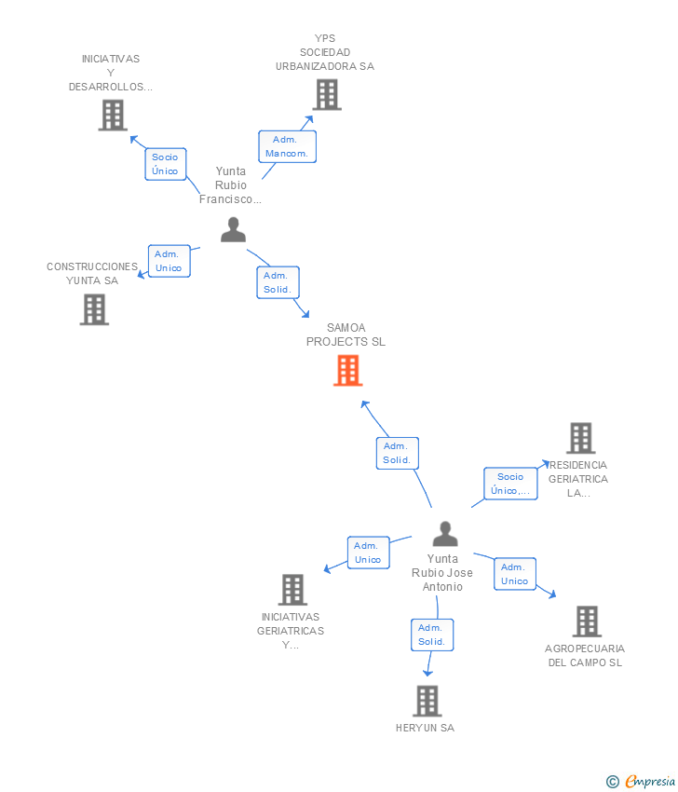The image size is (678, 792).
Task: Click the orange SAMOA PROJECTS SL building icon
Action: click(347, 370)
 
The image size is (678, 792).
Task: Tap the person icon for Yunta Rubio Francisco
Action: click(233, 230)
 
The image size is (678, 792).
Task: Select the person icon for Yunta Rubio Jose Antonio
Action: click(445, 534)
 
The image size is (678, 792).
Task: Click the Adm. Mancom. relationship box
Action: click(287, 146)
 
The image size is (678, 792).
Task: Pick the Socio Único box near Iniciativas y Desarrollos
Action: click(166, 164)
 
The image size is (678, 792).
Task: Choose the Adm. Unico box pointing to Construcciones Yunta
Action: click(169, 261)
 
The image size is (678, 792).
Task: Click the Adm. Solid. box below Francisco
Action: click(278, 282)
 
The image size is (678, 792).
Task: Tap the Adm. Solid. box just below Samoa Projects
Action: click(398, 453)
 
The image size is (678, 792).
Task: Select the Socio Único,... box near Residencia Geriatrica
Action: click(510, 484)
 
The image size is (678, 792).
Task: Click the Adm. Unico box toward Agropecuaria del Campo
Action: click(514, 574)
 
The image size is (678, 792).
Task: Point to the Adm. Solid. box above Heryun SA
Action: click(432, 635)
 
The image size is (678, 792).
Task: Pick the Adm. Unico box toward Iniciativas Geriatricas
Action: click(369, 553)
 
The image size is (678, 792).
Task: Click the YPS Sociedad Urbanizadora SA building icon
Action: click(327, 95)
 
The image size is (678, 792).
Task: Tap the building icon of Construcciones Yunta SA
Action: click(94, 309)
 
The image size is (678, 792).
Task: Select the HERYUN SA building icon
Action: click(427, 701)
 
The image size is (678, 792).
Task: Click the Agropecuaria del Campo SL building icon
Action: click(587, 621)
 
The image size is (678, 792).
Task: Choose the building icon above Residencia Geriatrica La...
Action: click(581, 438)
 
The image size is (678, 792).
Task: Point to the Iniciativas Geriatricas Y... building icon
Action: click(292, 590)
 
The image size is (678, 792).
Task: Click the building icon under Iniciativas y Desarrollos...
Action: click(113, 116)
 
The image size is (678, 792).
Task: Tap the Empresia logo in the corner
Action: click(641, 782)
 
